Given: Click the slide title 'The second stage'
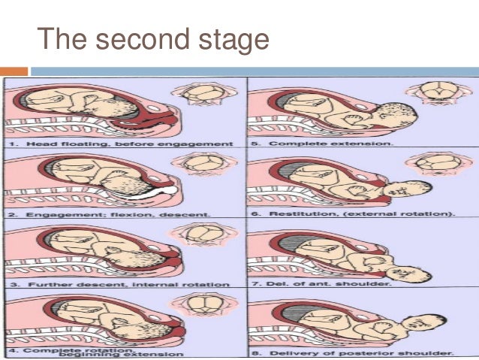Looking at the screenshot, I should (153, 39).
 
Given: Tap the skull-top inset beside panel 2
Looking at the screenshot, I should (199, 163).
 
